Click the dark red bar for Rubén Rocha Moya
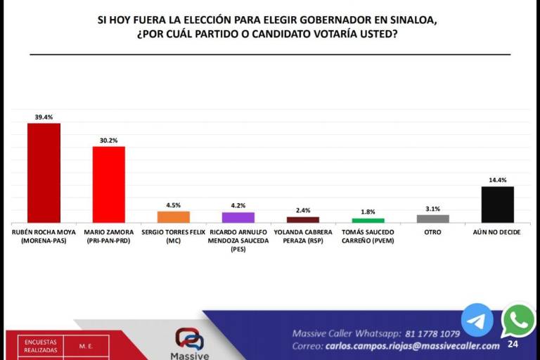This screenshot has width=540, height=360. (44, 172)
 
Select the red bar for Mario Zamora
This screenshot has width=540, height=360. (108, 184)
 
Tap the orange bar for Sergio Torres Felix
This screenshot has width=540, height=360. (173, 217)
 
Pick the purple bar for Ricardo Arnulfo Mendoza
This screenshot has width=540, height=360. (238, 217)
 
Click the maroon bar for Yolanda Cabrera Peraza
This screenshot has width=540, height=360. (302, 219)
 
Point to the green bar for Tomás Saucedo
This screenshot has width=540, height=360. (368, 220)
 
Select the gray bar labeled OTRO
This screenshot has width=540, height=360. (432, 219)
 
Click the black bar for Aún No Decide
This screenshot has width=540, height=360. (497, 205)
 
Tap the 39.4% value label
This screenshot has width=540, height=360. (44, 117)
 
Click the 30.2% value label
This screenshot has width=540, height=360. (108, 141)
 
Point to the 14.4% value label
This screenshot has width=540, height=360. (497, 181)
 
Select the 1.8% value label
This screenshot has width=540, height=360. (368, 212)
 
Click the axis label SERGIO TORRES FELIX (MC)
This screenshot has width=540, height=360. (173, 236)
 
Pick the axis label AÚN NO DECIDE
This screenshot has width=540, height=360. (497, 232)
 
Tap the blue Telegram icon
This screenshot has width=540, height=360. (477, 320)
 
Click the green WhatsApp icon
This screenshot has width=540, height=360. (519, 321)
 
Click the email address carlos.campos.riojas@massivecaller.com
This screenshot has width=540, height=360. (413, 346)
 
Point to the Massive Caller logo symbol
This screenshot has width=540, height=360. (189, 339)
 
